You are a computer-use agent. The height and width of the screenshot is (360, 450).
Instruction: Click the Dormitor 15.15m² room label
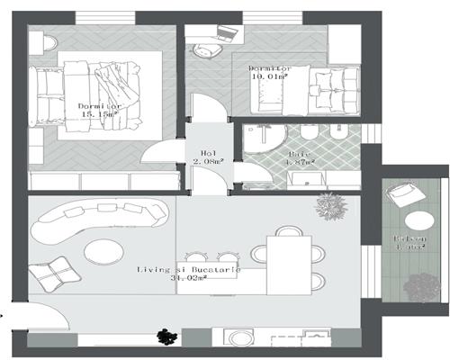[x=100, y=110]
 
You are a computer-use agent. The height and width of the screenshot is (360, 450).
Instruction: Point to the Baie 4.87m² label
[x=301, y=159]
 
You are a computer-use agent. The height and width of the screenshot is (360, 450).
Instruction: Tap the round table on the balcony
[x=417, y=220]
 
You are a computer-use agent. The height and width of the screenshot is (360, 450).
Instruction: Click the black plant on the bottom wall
[x=165, y=337]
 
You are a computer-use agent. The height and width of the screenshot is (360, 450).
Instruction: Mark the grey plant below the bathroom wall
[x=331, y=208]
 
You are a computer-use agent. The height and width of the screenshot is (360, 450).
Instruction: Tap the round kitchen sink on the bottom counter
[x=239, y=339]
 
